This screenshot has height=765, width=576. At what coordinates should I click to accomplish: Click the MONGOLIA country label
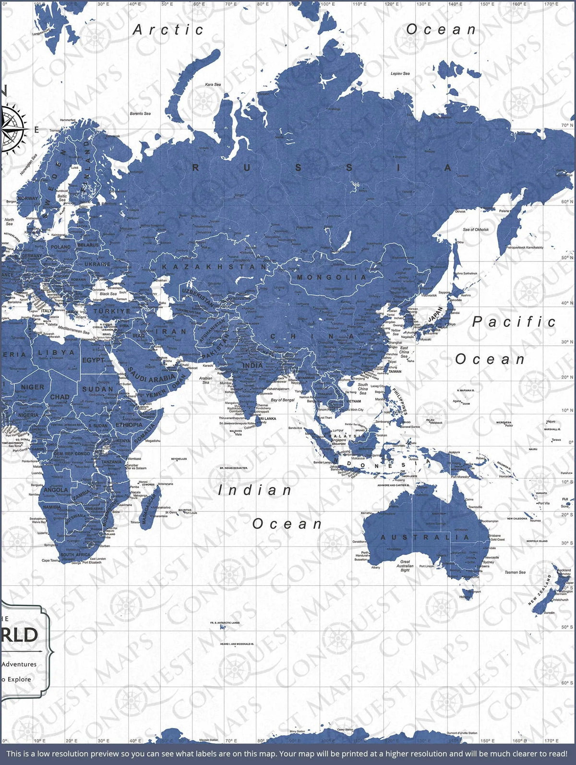pyautogui.click(x=331, y=277)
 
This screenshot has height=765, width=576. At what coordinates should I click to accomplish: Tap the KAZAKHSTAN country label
pyautogui.click(x=214, y=267)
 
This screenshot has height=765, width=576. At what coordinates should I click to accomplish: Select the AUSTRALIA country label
pyautogui.click(x=425, y=537)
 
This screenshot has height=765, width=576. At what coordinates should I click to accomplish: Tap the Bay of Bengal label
pyautogui.click(x=283, y=400)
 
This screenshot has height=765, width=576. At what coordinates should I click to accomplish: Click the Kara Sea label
pyautogui.click(x=213, y=85)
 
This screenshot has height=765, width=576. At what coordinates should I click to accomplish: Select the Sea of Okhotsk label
pyautogui.click(x=476, y=230)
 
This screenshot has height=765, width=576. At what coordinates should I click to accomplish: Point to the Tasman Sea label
pyautogui.click(x=515, y=572)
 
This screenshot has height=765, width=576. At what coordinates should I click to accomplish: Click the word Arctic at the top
pyautogui.click(x=168, y=30)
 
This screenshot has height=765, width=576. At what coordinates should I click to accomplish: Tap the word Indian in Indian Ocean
pyautogui.click(x=254, y=490)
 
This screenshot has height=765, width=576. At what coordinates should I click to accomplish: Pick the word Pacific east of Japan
pyautogui.click(x=514, y=322)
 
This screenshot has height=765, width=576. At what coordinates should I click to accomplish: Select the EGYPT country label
pyautogui.click(x=94, y=360)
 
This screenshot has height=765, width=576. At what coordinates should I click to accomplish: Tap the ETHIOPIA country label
pyautogui.click(x=129, y=425)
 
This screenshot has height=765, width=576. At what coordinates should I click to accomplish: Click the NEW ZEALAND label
pyautogui.click(x=540, y=589)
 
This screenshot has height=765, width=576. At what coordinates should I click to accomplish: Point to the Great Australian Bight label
pyautogui.click(x=405, y=566)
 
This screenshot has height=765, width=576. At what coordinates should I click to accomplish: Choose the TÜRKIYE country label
pyautogui.click(x=112, y=311)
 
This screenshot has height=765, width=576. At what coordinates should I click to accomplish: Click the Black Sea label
pyautogui.click(x=108, y=293)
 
